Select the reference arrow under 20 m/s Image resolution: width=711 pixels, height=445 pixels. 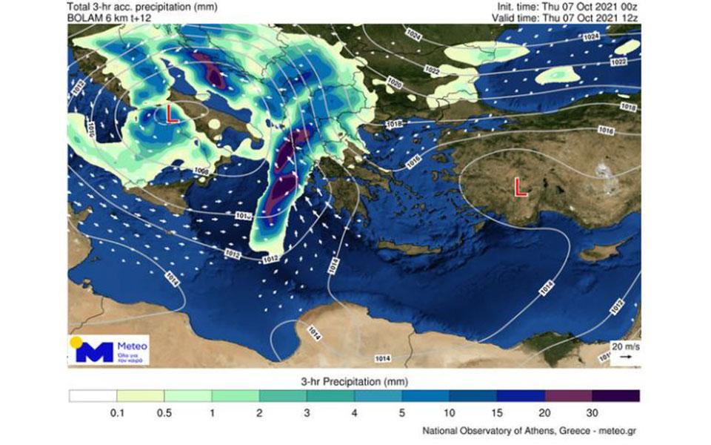click(x=626, y=357)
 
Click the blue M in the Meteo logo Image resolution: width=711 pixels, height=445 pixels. click(x=95, y=352)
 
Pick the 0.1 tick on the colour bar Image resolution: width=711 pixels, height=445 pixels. click(x=116, y=412)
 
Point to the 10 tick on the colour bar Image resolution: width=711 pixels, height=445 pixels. click(x=449, y=412)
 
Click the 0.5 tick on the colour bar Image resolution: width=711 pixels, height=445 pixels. click(x=164, y=412)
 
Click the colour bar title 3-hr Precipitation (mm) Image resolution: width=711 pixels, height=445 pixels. click(x=354, y=381)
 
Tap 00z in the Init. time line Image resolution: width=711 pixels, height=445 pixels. click(x=629, y=5)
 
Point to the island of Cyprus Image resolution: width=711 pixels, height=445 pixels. click(x=597, y=254)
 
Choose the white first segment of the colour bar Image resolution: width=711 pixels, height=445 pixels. click(x=93, y=396)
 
